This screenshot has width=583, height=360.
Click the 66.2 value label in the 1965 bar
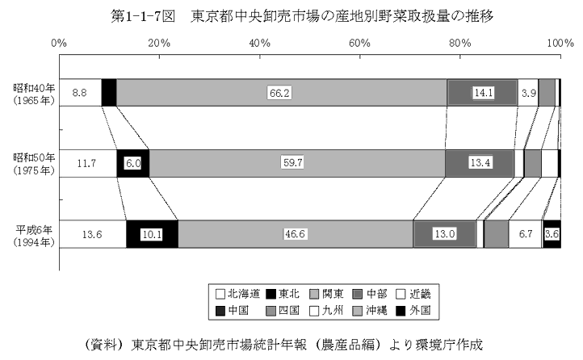click(x=279, y=93)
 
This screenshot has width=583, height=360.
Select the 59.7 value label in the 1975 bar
click(x=293, y=163)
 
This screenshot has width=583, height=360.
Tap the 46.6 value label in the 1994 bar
click(x=295, y=234)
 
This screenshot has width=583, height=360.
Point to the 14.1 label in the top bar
click(x=484, y=93)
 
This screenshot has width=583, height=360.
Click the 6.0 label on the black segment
click(x=132, y=163)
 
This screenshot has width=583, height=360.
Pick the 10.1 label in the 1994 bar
click(x=152, y=234)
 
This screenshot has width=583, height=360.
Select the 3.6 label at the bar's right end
click(x=552, y=234)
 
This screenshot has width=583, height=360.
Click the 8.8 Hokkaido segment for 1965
click(x=80, y=93)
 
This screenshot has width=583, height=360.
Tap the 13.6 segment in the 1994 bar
click(x=93, y=234)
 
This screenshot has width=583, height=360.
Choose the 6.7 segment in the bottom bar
click(x=526, y=234)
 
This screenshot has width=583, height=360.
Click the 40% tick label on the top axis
click(x=259, y=44)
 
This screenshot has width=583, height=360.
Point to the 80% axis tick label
click(x=460, y=44)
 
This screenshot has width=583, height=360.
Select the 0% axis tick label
click(x=59, y=44)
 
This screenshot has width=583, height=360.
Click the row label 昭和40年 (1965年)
click(x=34, y=94)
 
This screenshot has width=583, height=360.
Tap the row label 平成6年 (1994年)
click(x=34, y=237)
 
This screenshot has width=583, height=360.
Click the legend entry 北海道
click(x=237, y=295)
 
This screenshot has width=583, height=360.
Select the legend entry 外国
click(x=413, y=310)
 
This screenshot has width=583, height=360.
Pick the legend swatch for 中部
click(x=358, y=295)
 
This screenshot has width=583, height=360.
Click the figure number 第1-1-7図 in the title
click(x=143, y=16)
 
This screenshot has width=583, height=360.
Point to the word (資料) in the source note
click(x=104, y=345)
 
